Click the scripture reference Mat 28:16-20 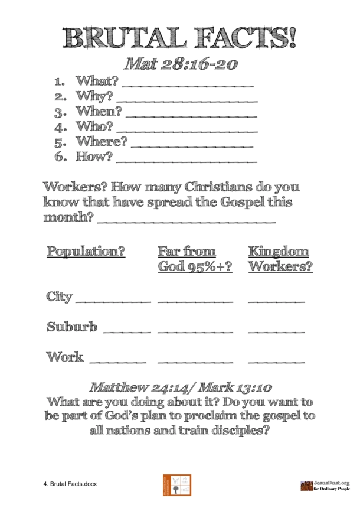tap(180, 63)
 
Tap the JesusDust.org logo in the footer tap(324, 484)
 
